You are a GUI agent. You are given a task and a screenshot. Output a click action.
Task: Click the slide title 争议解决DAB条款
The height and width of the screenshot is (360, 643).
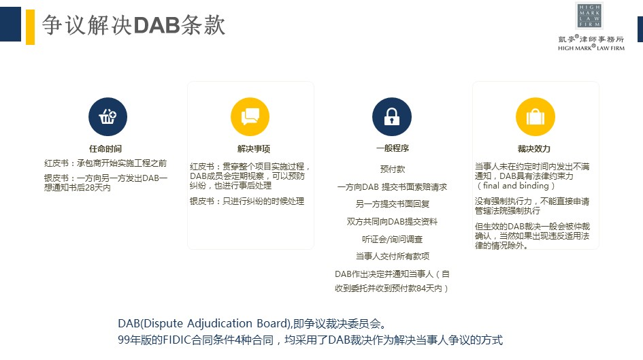point(133,25)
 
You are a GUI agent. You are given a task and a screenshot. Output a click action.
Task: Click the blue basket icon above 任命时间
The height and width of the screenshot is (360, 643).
point(108,117)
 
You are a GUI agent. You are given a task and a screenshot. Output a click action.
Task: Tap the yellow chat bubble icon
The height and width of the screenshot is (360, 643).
point(250,117)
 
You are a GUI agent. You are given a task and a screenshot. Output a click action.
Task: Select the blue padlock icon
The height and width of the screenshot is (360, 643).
point(392,117)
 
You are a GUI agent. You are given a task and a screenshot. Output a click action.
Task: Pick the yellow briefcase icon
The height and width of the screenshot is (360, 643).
point(535,117)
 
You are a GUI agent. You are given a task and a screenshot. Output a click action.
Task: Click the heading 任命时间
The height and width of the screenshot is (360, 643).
point(105,149)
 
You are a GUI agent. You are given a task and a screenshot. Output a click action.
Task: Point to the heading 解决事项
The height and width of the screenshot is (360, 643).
point(253,149)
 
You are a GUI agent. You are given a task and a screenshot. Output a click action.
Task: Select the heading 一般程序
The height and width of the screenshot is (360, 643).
point(393,148)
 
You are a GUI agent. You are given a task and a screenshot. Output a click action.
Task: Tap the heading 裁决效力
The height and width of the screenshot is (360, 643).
point(534,149)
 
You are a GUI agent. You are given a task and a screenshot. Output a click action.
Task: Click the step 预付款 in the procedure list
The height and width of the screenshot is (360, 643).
point(393,169)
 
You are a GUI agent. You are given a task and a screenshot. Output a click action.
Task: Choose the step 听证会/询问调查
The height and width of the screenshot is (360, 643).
point(392,239)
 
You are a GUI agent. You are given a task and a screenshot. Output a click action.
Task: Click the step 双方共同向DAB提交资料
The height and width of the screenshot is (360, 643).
point(392,221)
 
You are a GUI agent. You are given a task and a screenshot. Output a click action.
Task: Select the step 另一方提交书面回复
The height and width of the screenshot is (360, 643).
point(393,203)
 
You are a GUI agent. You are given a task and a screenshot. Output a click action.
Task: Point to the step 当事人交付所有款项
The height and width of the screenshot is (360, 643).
point(393,257)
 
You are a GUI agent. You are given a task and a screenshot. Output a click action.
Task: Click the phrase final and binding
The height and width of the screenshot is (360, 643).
point(516,186)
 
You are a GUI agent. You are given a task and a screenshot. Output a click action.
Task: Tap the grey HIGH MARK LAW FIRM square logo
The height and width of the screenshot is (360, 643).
point(589,16)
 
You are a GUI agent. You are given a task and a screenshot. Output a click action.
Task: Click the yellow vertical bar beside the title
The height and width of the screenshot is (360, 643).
point(31,27)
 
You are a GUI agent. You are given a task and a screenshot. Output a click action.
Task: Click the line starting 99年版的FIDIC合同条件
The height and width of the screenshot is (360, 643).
point(310,340)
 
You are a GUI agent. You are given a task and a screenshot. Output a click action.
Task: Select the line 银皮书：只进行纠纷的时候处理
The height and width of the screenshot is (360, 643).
point(247,201)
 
